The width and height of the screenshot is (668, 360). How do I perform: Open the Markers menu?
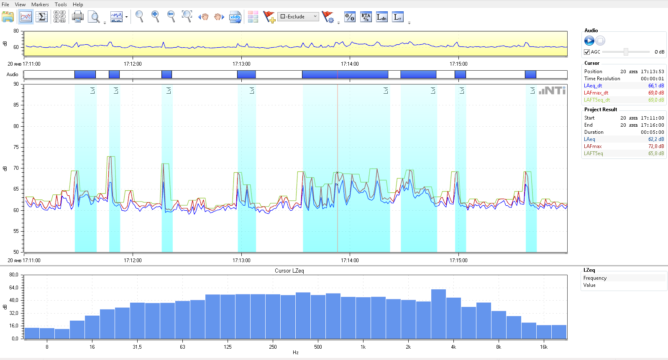point(40,5)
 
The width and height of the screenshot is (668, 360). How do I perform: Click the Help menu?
point(78,5)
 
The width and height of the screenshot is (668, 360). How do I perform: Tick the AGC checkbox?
point(587,52)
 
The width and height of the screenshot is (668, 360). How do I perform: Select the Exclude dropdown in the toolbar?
point(298,17)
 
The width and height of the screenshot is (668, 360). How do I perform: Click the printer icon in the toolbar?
point(78,17)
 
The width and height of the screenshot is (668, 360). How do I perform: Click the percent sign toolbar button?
point(350,17)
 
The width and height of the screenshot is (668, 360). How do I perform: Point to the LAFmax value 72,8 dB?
point(656,146)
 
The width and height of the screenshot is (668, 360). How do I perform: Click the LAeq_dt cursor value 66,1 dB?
point(656,86)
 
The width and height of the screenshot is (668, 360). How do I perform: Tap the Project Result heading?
point(600,110)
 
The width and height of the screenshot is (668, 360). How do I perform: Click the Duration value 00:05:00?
point(652,132)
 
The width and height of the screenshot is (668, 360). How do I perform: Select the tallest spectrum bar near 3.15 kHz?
point(438,314)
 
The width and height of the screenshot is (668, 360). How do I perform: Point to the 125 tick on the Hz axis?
point(228,347)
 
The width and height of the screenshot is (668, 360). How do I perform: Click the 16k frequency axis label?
point(543,347)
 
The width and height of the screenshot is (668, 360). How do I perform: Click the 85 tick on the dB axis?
point(16,105)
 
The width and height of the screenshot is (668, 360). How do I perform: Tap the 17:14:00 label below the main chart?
point(350,260)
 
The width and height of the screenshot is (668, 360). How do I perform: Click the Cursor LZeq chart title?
point(289,271)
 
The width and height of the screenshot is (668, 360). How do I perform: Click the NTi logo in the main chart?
point(552,90)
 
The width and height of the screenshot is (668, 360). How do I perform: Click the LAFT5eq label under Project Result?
point(593,153)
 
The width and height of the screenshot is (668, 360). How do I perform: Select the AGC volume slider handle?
point(626,52)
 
